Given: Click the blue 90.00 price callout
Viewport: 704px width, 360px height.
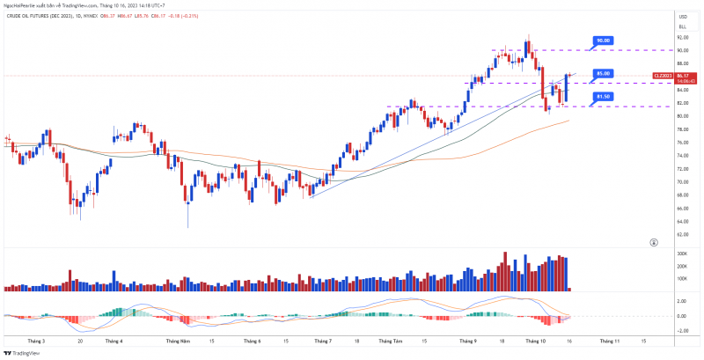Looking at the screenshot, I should (603, 40).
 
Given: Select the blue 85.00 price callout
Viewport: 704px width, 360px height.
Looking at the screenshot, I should (603, 73).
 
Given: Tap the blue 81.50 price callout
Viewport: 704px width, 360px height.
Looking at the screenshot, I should (603, 96).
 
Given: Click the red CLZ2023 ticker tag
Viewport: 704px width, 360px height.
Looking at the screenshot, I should (663, 76).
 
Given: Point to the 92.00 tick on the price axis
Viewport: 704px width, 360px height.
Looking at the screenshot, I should (681, 38).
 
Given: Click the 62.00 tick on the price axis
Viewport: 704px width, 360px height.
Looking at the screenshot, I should (681, 235).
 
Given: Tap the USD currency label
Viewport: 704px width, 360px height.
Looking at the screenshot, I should (682, 17).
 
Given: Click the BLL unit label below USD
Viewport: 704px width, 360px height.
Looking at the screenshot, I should (682, 27).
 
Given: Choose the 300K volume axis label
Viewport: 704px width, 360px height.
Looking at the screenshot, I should (682, 253).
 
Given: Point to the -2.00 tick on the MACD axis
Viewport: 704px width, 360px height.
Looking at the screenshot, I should (682, 331).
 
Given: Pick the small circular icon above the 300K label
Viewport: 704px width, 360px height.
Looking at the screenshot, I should (653, 241).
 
